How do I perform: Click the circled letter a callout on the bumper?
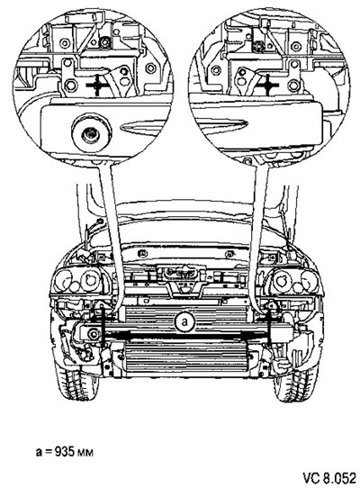pos(184,322)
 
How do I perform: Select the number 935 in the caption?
pos(65,452)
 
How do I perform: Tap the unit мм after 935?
pos(85,453)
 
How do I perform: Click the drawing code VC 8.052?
pos(329,478)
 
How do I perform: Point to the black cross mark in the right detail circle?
pos(267,85)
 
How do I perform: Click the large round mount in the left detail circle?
pos(91,133)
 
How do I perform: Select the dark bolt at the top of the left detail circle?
pos(103,43)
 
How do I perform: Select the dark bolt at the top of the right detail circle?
pos(258,46)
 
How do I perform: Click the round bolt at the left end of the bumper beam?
pos(93,334)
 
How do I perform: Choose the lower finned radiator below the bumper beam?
pos(185,358)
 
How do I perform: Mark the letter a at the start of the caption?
pos(39,452)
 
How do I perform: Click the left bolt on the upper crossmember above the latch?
pos(142,254)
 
